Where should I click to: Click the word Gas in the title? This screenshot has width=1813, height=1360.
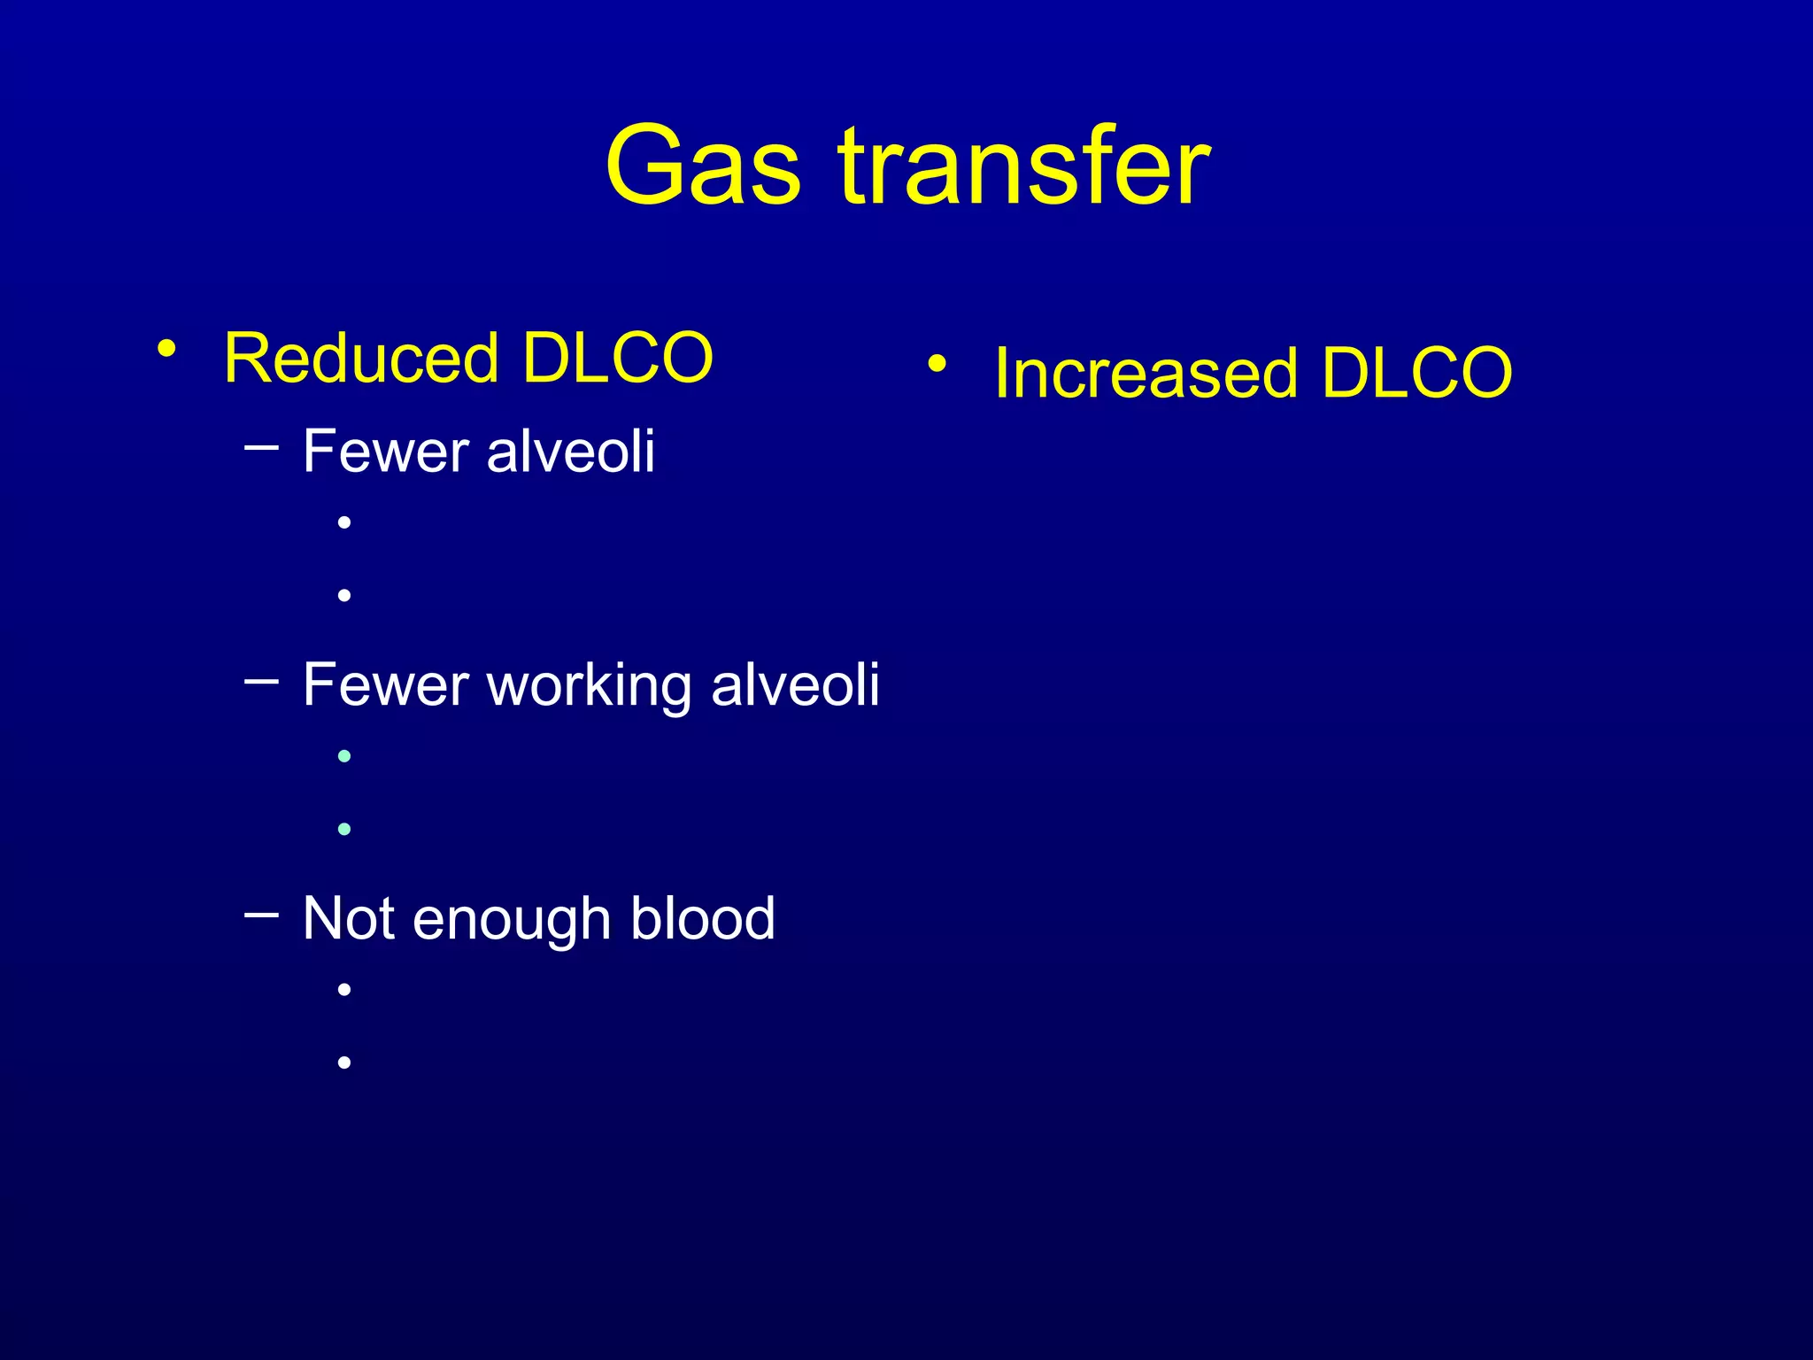(703, 166)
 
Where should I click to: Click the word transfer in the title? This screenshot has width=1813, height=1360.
(1024, 166)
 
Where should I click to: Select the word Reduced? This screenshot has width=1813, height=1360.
(361, 358)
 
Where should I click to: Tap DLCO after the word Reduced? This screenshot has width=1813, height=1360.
(617, 358)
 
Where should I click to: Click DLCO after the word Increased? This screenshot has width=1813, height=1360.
(1416, 373)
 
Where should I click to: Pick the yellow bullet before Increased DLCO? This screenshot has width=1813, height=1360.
(937, 362)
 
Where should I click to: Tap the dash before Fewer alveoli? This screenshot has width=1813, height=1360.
(261, 448)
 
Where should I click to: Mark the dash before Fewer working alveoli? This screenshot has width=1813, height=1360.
(261, 681)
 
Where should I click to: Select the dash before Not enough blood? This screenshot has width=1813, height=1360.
(261, 914)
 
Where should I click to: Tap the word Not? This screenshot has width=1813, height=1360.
(348, 918)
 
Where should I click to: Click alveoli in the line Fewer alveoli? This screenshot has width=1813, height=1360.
(571, 452)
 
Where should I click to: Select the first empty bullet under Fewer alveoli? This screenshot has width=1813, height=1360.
(344, 522)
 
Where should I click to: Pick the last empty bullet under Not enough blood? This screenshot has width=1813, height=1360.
(344, 1062)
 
